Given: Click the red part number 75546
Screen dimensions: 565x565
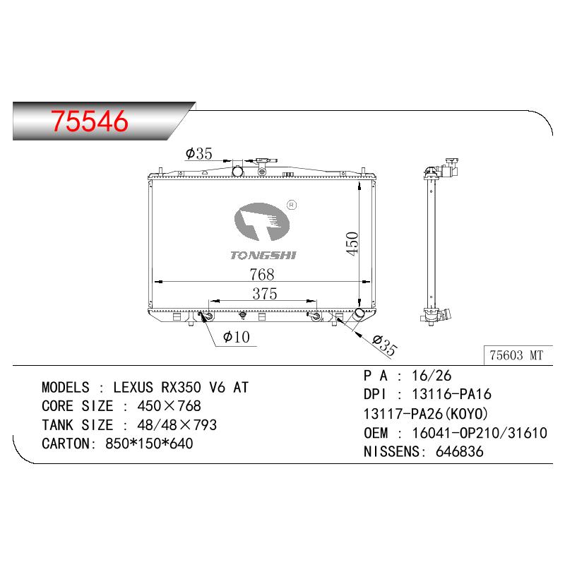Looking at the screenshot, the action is (90, 120).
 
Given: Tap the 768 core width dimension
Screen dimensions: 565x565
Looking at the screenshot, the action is (262, 275).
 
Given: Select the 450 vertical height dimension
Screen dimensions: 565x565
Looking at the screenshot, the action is (352, 244).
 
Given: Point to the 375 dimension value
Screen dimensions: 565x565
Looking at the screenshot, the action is (265, 294).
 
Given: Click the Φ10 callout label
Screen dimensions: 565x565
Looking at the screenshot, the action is (237, 338).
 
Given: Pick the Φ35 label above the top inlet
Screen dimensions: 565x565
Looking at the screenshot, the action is (199, 153).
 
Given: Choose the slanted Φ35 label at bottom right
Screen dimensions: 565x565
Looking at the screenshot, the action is (385, 345).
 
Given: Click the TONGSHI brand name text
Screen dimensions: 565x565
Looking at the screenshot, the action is (263, 256).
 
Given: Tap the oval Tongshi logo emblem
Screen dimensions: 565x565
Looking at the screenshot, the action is (261, 222).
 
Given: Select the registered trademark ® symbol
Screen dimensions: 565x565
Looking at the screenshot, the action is (292, 205).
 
